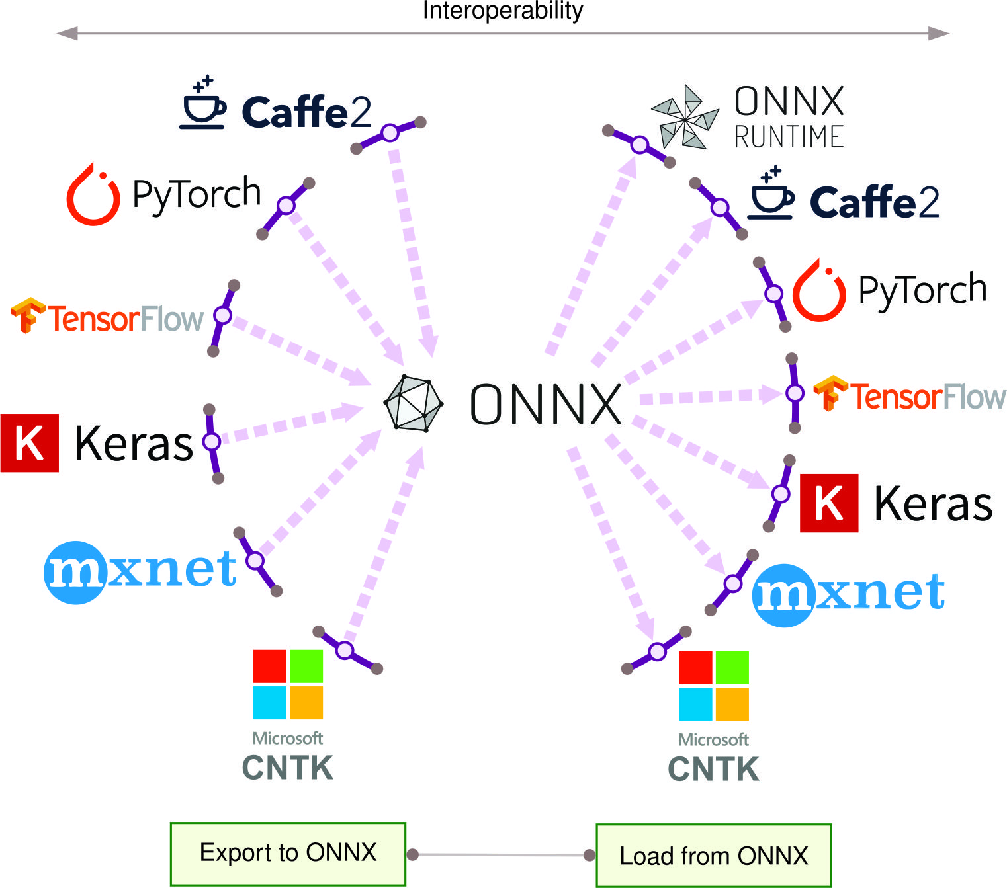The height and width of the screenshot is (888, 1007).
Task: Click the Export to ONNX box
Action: (x=288, y=854)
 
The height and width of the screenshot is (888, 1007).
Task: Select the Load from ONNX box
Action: (x=713, y=856)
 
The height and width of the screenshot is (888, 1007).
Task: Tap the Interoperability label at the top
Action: (x=503, y=11)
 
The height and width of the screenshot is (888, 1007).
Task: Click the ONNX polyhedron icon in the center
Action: (x=414, y=403)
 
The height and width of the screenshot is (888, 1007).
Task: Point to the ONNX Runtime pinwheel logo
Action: (x=685, y=117)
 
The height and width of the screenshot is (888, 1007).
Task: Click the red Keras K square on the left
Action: (x=30, y=443)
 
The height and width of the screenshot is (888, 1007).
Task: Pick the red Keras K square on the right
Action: (x=829, y=503)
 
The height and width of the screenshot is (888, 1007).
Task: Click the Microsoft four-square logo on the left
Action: (x=288, y=684)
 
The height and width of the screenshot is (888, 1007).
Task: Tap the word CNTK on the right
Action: (x=713, y=770)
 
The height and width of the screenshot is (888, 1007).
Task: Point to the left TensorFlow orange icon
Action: (x=27, y=315)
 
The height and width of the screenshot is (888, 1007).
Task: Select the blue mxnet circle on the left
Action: (x=76, y=573)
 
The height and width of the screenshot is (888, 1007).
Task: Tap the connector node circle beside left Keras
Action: (x=212, y=441)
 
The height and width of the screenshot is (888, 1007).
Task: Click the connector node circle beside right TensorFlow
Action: (x=795, y=393)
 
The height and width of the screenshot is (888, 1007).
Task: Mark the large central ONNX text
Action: (x=545, y=405)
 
